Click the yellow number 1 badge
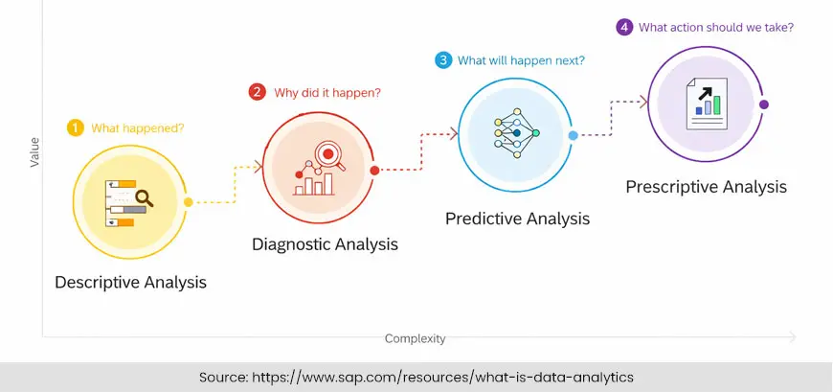[x=74, y=127]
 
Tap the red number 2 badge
[x=257, y=92]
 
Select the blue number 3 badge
[x=442, y=60]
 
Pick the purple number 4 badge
[x=624, y=27]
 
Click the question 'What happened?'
[x=138, y=127]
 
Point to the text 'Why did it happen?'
[x=328, y=93]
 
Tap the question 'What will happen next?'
[x=521, y=60]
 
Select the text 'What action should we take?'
[x=716, y=27]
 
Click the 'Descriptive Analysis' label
[x=130, y=283]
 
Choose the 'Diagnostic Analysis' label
[x=325, y=244]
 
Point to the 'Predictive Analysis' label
[x=517, y=219]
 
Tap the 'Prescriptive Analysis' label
[x=706, y=186]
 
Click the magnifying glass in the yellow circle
[x=145, y=198]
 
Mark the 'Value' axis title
[x=35, y=151]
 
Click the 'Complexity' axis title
[x=415, y=338]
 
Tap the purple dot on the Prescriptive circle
[x=763, y=104]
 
